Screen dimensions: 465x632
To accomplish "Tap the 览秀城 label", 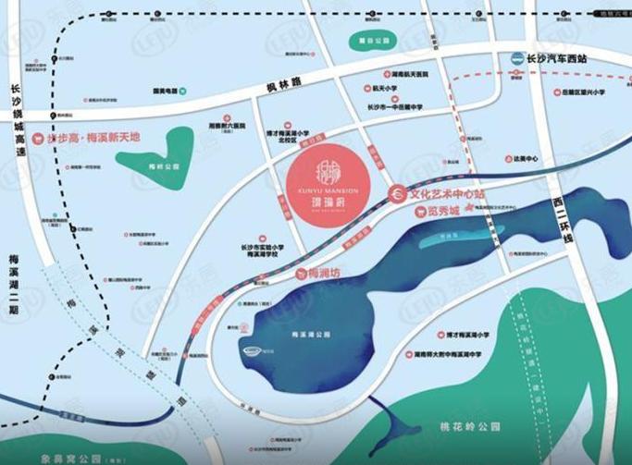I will click(x=437, y=211).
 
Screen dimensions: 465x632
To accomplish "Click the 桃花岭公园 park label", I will click(x=470, y=427).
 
